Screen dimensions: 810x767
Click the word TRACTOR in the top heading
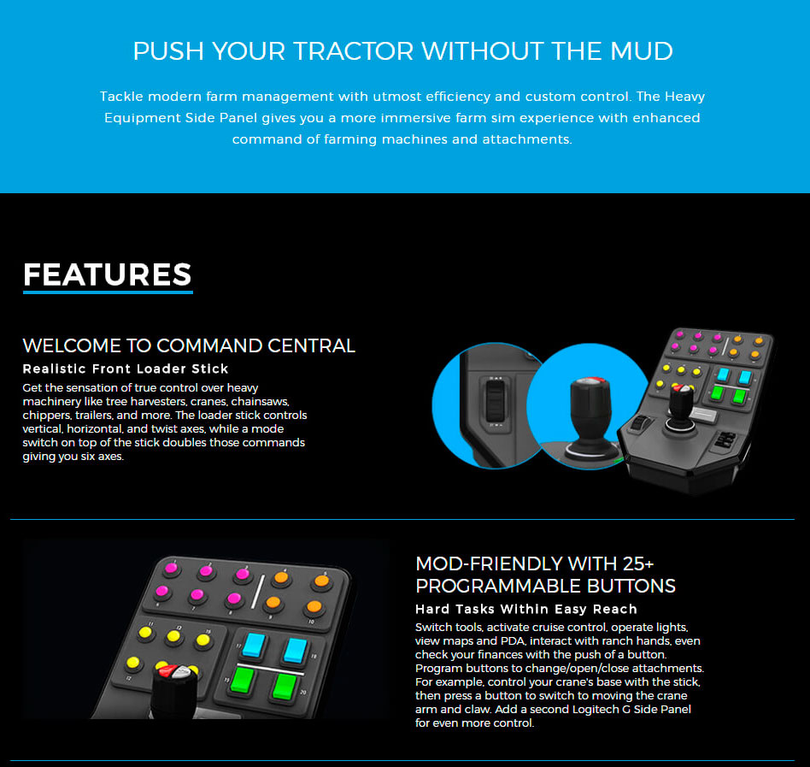[x=354, y=51]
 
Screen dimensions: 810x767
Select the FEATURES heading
[x=108, y=274]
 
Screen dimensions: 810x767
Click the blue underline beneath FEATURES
[x=108, y=292]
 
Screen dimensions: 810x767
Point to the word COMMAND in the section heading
[x=209, y=345]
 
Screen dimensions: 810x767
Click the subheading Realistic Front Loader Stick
[x=126, y=369]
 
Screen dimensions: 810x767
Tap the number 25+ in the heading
[x=638, y=563]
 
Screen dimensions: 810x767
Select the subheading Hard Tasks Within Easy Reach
[x=525, y=609]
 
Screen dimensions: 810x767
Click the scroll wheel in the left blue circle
[x=495, y=400]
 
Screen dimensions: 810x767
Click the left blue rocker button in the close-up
[x=254, y=645]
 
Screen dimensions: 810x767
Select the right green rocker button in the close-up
[x=284, y=687]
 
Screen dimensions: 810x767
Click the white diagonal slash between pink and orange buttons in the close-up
[x=257, y=591]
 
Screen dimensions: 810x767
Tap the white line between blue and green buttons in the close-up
[x=270, y=669]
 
